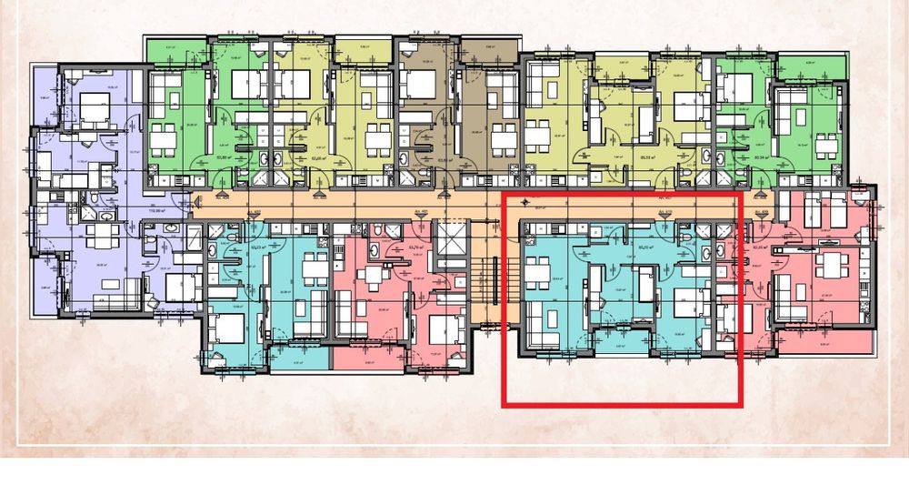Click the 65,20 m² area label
click(648, 246)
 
